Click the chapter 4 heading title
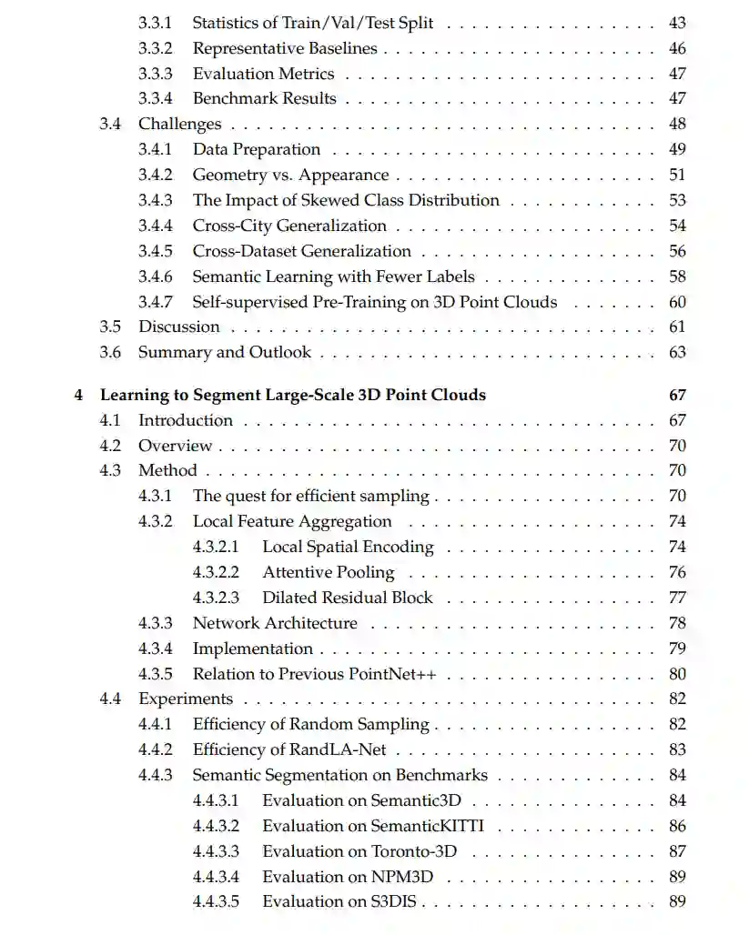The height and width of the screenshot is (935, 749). coord(292,395)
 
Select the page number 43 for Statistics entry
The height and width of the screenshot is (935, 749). coord(676,23)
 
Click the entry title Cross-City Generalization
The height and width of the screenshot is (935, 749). coord(289,226)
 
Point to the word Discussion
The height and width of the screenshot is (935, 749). coord(178,327)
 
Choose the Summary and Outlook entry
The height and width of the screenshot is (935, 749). coord(224,352)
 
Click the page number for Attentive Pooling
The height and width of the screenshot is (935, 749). coord(676,572)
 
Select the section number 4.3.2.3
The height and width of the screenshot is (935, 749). coord(216,598)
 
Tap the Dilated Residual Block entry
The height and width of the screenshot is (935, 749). coord(348,598)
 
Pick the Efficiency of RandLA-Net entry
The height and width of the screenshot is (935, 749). coord(295,749)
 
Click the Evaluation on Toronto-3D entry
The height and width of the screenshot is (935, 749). coord(359,851)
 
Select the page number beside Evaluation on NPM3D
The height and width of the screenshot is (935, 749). coord(676,877)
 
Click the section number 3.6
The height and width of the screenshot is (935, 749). coord(110,352)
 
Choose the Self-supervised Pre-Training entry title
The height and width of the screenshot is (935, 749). coord(374,302)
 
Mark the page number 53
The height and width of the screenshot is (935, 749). coord(676,200)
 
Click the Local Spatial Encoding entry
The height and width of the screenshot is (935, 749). coord(348,547)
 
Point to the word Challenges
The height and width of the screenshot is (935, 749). coord(179,124)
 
